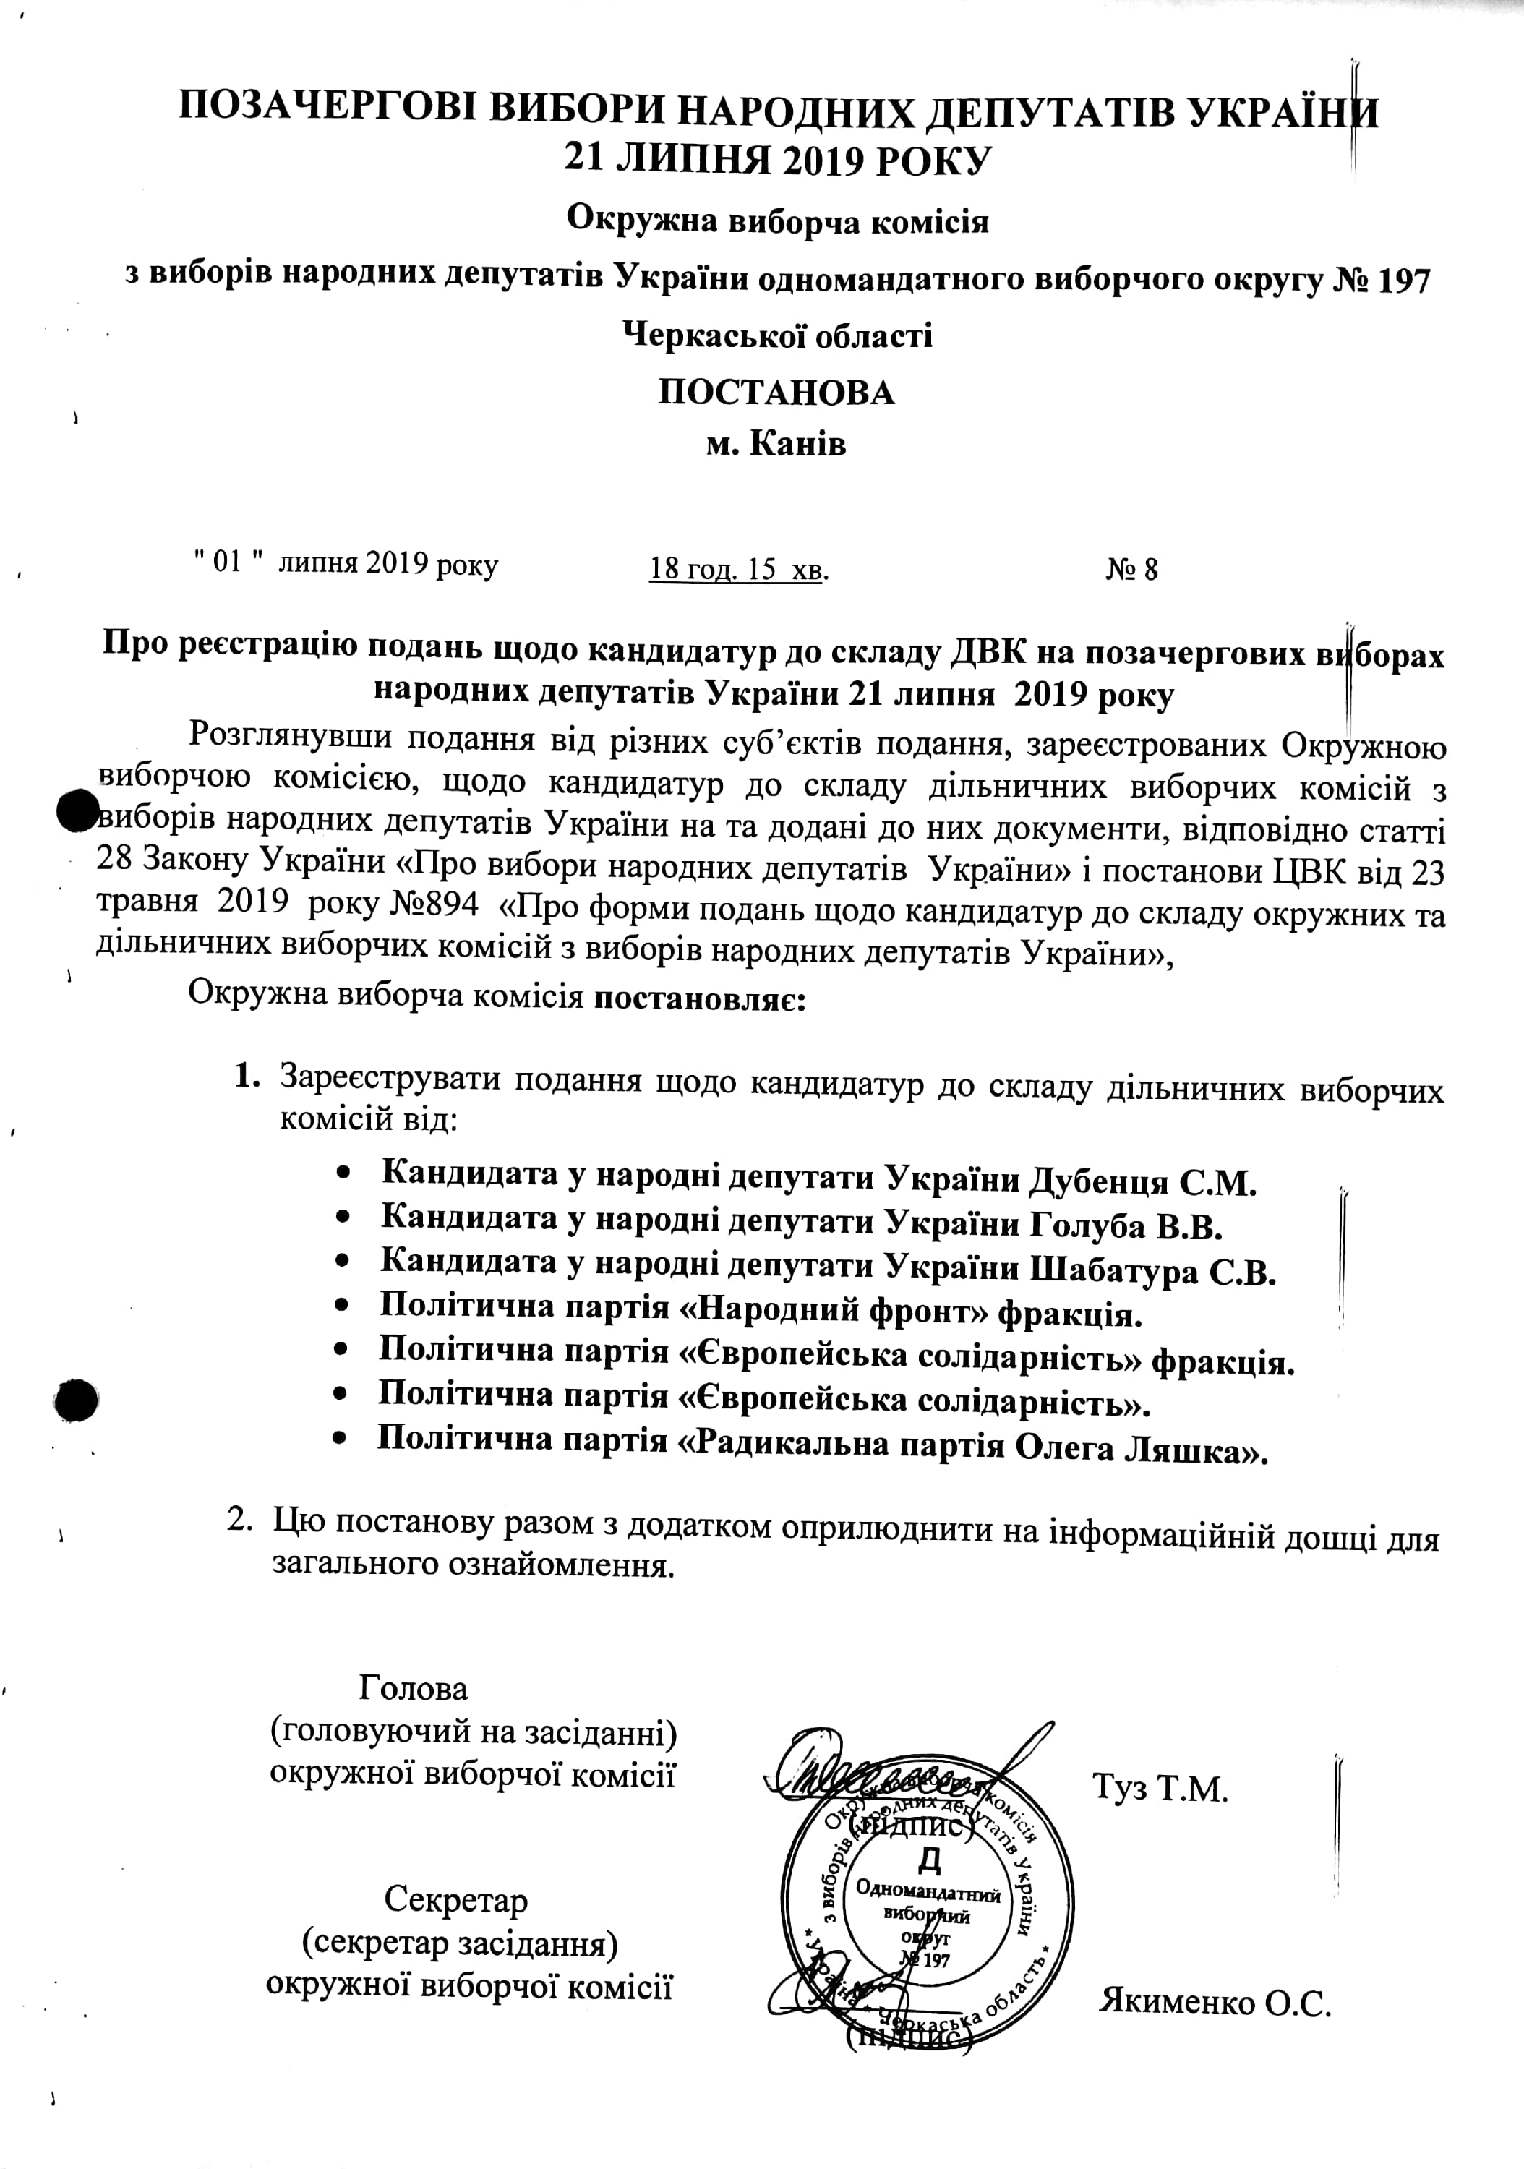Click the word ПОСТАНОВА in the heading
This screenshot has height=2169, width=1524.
pos(776,392)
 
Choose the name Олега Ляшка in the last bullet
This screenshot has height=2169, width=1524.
pos(1140,1448)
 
